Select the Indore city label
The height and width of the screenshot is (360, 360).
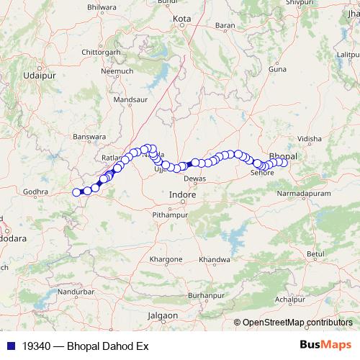click(181, 194)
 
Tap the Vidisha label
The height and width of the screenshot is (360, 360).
click(309, 138)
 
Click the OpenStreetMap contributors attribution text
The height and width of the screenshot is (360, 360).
click(297, 323)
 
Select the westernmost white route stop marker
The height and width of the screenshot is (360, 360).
click(76, 192)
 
